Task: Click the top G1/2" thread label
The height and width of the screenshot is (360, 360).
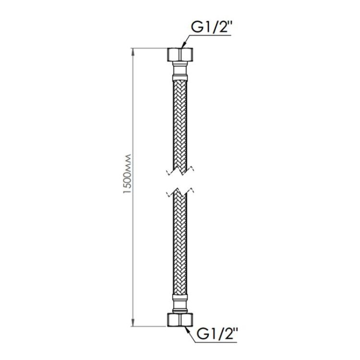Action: click(211, 27)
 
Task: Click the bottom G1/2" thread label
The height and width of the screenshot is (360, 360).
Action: click(216, 334)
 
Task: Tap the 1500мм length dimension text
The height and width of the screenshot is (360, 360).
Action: click(127, 174)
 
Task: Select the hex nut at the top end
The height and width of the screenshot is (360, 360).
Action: click(180, 54)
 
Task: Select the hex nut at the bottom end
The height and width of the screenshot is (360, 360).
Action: click(180, 320)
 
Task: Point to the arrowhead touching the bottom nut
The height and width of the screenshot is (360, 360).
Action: click(187, 330)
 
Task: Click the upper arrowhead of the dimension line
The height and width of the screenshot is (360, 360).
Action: click(133, 52)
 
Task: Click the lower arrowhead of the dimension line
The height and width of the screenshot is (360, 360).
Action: click(133, 322)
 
